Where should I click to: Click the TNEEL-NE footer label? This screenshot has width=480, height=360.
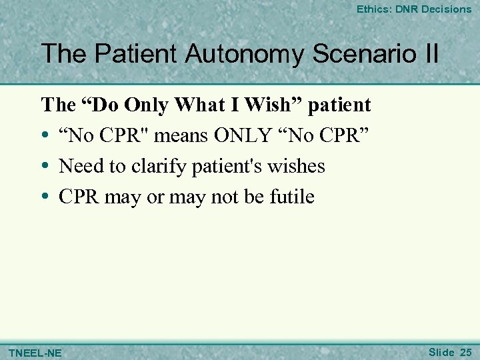pos(35,352)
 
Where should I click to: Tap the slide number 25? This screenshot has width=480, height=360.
pos(465,351)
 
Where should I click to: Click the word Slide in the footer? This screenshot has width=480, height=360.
pos(441,351)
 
